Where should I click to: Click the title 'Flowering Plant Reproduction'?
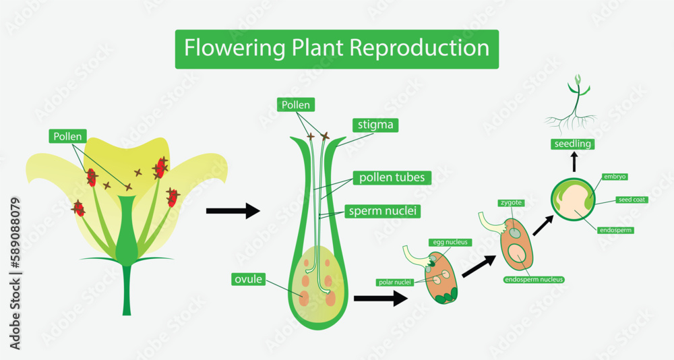coord(336,49)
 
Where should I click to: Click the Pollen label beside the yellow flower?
coord(69,136)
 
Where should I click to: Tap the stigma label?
coord(375,125)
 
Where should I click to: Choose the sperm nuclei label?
coord(382,211)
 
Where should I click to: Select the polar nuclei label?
coord(394,282)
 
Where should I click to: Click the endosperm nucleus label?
coord(533,278)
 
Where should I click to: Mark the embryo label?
coord(615,177)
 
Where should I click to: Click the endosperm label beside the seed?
coord(615,230)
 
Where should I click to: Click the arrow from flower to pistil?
coord(233,211)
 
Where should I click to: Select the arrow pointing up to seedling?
coord(574,162)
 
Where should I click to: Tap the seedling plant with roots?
coord(572,108)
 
